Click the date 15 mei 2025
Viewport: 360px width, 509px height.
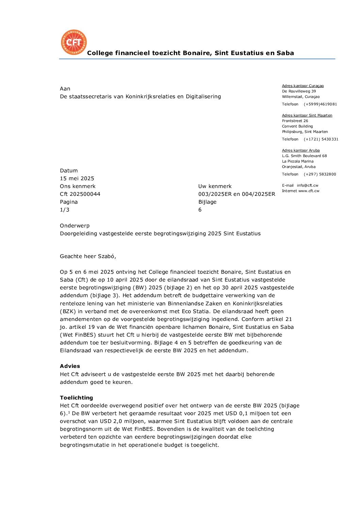click(x=77, y=179)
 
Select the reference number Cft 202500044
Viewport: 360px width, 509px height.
click(x=80, y=194)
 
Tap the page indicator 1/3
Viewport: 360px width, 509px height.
click(x=65, y=210)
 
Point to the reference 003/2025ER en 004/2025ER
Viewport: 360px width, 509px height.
click(x=236, y=194)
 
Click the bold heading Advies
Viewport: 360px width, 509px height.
click(x=70, y=366)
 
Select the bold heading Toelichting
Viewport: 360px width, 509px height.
click(x=76, y=398)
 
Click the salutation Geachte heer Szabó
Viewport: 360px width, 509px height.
click(x=88, y=256)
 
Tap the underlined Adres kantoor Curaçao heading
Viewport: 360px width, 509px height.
click(x=303, y=86)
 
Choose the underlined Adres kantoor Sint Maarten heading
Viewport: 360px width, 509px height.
click(x=307, y=116)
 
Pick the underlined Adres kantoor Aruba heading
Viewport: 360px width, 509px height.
click(x=301, y=151)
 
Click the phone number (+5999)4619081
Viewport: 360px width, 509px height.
click(x=320, y=104)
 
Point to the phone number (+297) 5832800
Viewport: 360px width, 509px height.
click(x=320, y=174)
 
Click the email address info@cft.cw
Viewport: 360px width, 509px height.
click(x=307, y=186)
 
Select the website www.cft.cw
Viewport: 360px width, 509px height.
click(x=309, y=191)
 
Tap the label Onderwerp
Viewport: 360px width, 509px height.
click(x=75, y=226)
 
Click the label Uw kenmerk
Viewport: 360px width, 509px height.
click(x=215, y=186)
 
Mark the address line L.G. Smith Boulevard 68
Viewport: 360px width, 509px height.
click(x=304, y=156)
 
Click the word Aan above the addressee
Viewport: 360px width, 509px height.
click(x=65, y=89)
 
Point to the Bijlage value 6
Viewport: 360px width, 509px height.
click(x=200, y=210)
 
